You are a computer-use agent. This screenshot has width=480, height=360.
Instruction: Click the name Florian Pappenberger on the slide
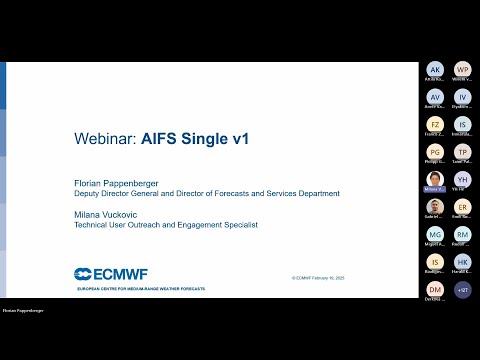point(117,183)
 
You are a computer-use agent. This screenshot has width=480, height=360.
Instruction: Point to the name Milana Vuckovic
point(107,215)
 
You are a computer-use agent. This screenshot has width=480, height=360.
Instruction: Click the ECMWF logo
point(111,273)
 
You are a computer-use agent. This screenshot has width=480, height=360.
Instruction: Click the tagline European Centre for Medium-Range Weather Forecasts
point(142,288)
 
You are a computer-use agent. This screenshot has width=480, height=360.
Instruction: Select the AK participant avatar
point(435,69)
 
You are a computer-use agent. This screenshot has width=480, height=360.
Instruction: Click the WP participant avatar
point(462,69)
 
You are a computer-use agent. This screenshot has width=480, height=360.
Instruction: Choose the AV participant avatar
point(435,97)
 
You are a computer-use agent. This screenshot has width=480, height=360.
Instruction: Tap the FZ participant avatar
point(435,124)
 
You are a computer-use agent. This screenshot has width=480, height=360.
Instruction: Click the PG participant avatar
point(435,152)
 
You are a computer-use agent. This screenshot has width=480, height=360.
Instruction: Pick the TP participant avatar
point(462,152)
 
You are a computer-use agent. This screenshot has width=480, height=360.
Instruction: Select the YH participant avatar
point(462,179)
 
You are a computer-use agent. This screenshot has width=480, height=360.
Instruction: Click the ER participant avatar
point(462,207)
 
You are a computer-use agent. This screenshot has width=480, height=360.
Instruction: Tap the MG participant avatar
point(435,234)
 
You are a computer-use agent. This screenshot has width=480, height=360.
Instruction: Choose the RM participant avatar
point(462,234)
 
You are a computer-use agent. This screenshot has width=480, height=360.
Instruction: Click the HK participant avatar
point(462,262)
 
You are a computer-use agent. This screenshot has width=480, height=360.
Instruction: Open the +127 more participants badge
point(462,289)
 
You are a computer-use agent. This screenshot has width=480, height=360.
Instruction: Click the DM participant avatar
point(435,289)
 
